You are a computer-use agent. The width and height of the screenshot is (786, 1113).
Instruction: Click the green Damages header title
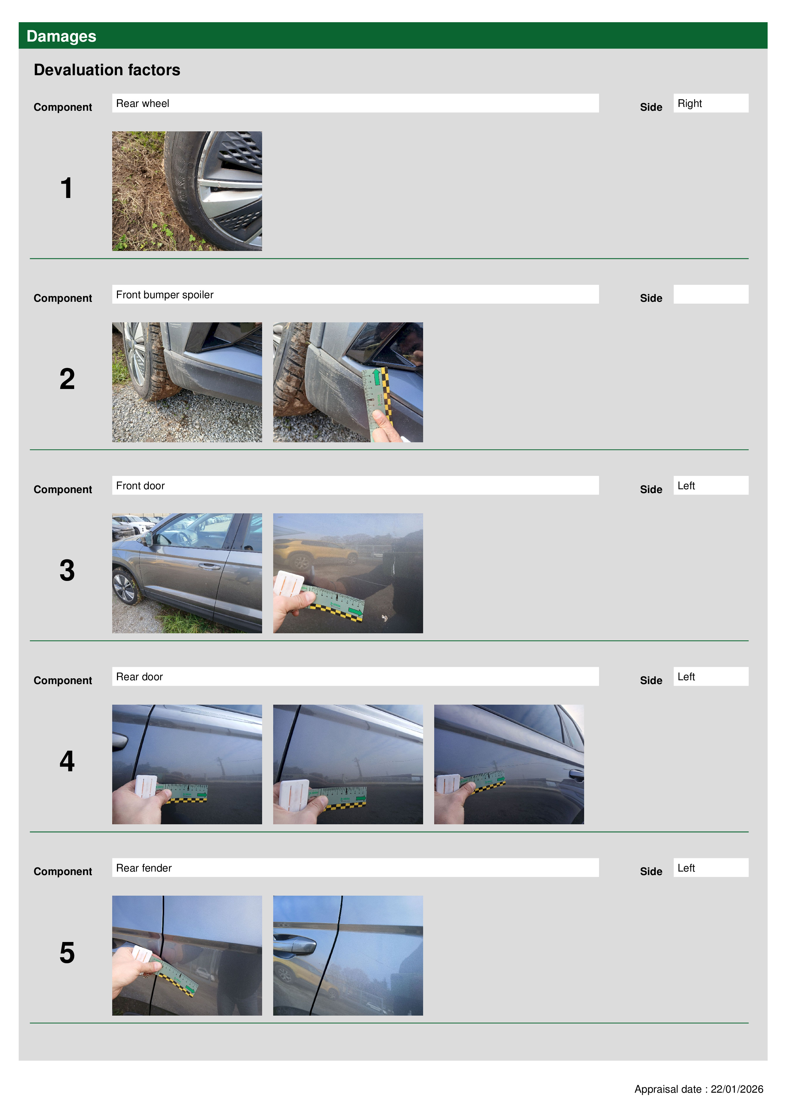pos(61,36)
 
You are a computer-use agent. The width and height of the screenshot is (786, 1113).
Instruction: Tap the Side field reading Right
pos(711,103)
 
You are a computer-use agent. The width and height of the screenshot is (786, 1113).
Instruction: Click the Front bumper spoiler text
pos(165,295)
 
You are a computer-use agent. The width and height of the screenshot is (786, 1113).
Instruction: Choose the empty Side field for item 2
pos(711,294)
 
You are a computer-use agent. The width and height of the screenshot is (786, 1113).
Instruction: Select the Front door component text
pos(140,486)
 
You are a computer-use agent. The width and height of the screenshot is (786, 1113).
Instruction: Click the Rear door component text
pos(139,677)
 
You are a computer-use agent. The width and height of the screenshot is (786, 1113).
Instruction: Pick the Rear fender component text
pos(144,868)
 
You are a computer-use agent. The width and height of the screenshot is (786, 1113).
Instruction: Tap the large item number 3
pos(67,570)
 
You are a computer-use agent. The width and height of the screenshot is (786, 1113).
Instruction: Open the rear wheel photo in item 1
pos(187,191)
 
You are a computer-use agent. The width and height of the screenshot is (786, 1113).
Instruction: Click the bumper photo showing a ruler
pos(348,382)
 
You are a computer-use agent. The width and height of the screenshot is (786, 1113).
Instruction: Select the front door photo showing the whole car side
pos(187,573)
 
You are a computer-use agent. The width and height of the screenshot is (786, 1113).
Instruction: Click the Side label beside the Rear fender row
pos(651,872)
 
